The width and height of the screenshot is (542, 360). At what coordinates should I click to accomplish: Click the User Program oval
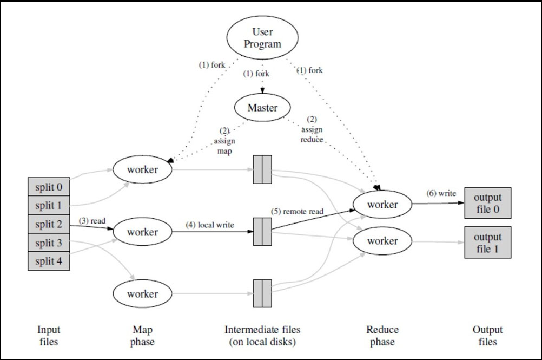(x=262, y=38)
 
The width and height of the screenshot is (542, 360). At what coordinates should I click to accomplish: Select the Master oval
(x=262, y=107)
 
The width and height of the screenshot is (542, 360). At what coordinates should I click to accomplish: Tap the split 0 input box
(x=49, y=187)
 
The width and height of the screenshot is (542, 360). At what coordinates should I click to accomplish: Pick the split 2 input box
(x=49, y=224)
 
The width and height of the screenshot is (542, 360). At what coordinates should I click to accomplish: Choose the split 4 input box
(x=49, y=261)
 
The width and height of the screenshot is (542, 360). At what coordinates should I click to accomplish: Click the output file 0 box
(x=487, y=203)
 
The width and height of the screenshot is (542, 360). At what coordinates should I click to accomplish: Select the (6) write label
(x=440, y=193)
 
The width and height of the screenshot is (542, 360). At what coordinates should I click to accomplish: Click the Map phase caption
(x=142, y=336)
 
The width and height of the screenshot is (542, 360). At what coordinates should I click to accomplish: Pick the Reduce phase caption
(x=382, y=336)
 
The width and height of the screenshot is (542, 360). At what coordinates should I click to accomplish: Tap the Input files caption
(x=49, y=336)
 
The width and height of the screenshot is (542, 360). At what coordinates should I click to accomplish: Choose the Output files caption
(x=487, y=336)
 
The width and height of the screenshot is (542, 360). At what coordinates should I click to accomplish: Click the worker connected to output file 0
(x=382, y=205)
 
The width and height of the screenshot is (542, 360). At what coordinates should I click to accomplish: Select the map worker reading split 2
(x=142, y=232)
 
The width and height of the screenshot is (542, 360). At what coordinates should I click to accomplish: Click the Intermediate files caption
(x=262, y=336)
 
